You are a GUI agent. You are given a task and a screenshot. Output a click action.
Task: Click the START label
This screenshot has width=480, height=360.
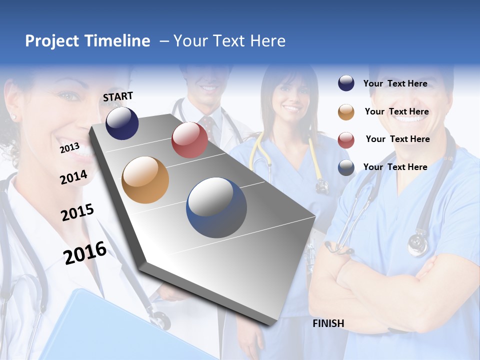118,96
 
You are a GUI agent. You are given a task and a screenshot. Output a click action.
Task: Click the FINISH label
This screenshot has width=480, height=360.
328,323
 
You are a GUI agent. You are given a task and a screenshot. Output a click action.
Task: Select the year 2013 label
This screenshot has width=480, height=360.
69,148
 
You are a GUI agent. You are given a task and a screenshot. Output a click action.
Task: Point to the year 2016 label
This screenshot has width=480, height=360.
85,253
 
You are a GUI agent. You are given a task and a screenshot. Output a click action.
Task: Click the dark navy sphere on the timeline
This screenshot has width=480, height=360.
122,123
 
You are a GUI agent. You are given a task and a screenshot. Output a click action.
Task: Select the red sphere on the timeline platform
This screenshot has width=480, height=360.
189,140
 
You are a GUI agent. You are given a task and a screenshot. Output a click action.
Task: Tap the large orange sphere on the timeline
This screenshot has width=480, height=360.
145,180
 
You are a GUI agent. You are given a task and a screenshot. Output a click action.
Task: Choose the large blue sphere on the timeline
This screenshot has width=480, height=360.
216,208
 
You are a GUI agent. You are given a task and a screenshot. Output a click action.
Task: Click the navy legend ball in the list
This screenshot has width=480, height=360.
346,83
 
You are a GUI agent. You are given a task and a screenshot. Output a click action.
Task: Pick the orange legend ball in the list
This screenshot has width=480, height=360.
346,112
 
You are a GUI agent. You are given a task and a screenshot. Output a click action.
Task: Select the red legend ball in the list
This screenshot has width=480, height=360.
346,140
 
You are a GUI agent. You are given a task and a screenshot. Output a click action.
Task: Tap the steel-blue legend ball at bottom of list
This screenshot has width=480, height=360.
346,167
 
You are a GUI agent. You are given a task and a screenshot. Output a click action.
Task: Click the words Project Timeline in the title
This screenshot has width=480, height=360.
87,41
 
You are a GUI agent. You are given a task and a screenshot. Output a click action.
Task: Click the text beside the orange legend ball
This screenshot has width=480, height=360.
396,111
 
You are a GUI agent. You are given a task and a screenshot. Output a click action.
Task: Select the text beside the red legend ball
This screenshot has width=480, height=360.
397,139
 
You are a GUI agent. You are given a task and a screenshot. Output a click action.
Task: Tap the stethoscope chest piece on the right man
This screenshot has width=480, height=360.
418,244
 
